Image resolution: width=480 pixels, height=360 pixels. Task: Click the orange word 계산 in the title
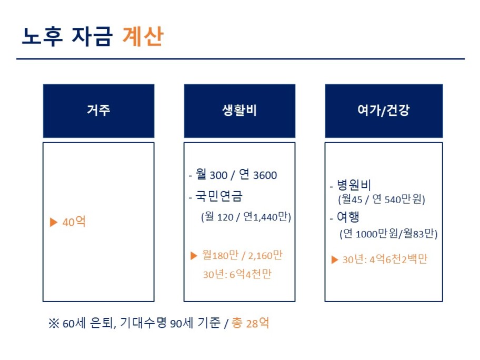pyautogui.click(x=143, y=36)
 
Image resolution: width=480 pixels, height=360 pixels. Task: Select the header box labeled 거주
pyautogui.click(x=98, y=111)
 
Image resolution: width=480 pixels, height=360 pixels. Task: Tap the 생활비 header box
pyautogui.click(x=239, y=111)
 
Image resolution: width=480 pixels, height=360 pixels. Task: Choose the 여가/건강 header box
pyautogui.click(x=384, y=111)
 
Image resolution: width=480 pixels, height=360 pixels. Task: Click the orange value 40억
pyautogui.click(x=74, y=222)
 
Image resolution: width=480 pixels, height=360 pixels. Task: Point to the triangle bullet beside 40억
pyautogui.click(x=54, y=222)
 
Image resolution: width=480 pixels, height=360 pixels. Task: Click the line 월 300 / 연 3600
pyautogui.click(x=236, y=175)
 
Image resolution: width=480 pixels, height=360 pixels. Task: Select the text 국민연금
pyautogui.click(x=219, y=196)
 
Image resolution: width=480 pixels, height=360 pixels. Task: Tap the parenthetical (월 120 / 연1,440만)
pyautogui.click(x=246, y=217)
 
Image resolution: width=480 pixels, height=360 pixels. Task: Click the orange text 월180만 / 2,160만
pyautogui.click(x=242, y=255)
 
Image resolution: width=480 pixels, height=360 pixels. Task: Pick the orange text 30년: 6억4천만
pyautogui.click(x=237, y=274)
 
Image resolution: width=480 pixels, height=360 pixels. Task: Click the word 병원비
pyautogui.click(x=354, y=185)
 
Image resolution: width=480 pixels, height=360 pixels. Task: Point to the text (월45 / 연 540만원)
pyautogui.click(x=382, y=199)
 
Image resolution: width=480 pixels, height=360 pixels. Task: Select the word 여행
pyautogui.click(x=348, y=217)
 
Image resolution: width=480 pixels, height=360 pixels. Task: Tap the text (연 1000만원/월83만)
pyautogui.click(x=388, y=234)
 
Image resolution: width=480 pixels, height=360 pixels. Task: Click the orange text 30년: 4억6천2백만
pyautogui.click(x=385, y=259)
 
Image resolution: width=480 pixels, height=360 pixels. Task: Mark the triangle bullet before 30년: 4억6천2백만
pyautogui.click(x=335, y=260)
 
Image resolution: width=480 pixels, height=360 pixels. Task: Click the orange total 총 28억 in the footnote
pyautogui.click(x=251, y=323)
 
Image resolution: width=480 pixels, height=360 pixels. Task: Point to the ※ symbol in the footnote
pyautogui.click(x=54, y=323)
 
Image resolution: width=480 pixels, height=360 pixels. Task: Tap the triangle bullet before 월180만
pyautogui.click(x=194, y=256)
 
